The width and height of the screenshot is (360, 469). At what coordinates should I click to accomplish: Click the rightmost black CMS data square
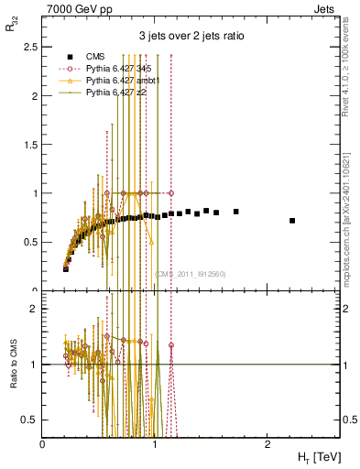(x=292, y=221)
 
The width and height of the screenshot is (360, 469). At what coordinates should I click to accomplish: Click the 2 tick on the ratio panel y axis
(x=34, y=309)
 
